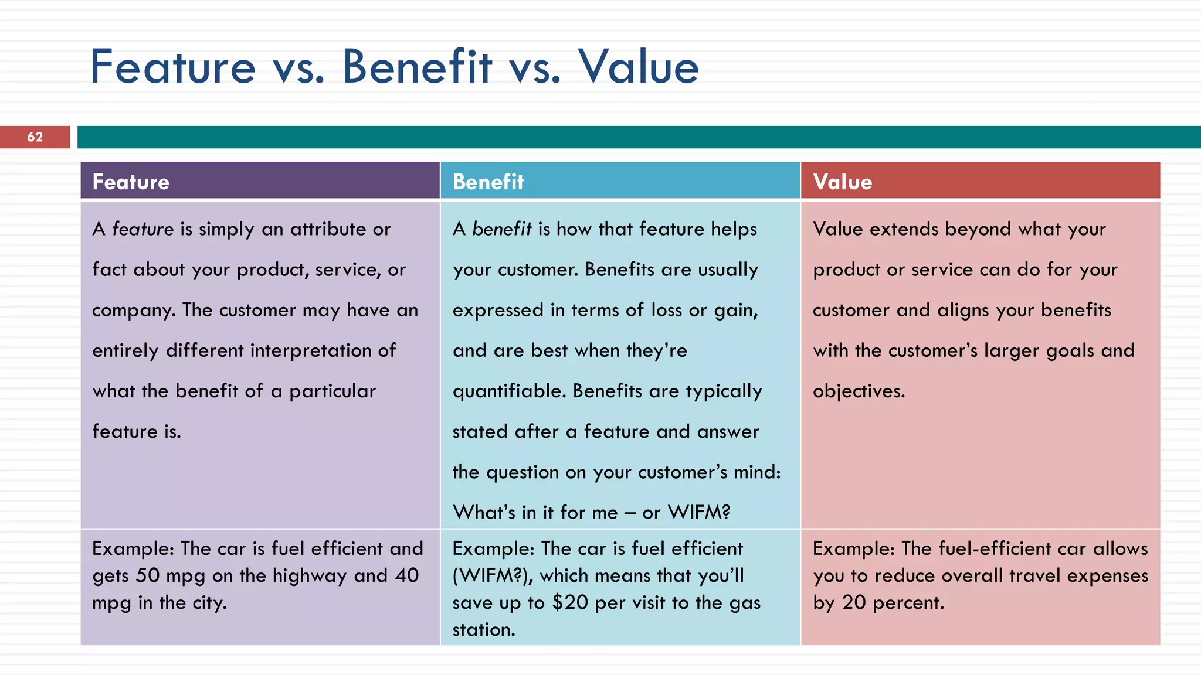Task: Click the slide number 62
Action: click(x=35, y=137)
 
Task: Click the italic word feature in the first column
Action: click(x=143, y=229)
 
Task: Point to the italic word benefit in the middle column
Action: click(x=502, y=229)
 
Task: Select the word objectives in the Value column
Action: click(x=859, y=391)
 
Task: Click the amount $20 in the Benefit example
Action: click(x=569, y=603)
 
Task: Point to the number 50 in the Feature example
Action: click(x=148, y=576)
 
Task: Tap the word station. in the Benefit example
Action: click(x=484, y=630)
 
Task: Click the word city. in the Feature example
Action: click(x=209, y=603)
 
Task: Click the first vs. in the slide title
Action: click(x=298, y=67)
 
